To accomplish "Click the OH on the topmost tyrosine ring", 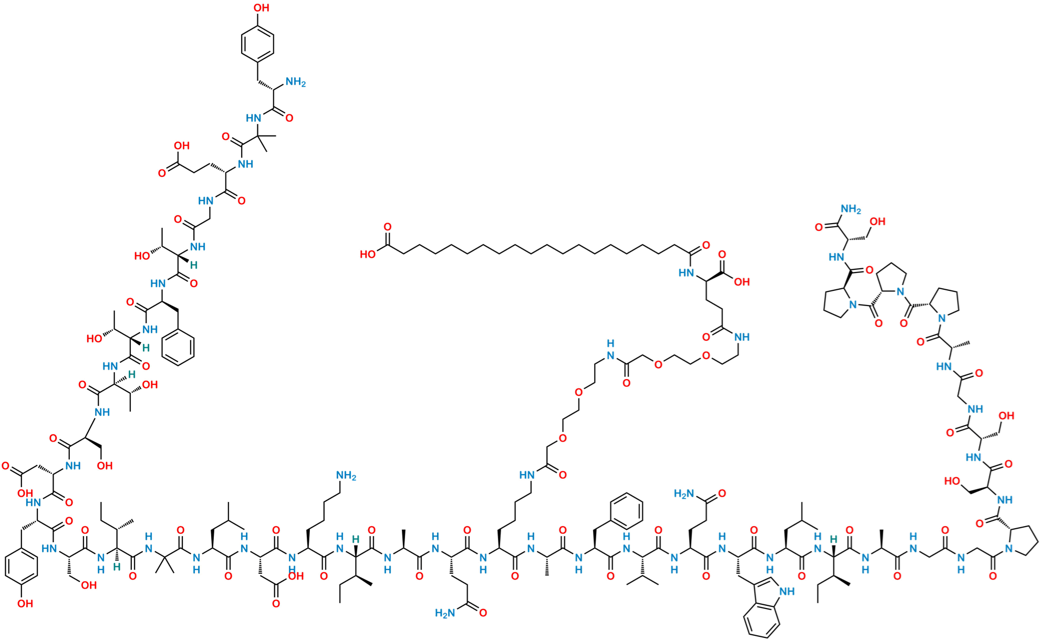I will tap(261, 8).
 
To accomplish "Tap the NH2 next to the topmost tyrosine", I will tap(295, 82).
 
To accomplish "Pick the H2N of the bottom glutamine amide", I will tap(444, 613).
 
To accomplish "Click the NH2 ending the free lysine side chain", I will tap(346, 476).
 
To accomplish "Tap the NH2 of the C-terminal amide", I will tap(851, 209).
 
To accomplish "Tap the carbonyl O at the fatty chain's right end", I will tap(705, 245).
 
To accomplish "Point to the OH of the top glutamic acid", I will tap(182, 145).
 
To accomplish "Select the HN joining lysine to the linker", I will tap(527, 475).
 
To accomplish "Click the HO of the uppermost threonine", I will tap(142, 256).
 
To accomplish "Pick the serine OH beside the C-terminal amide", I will tap(877, 222).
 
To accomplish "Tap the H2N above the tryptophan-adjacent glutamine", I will tap(684, 493).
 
